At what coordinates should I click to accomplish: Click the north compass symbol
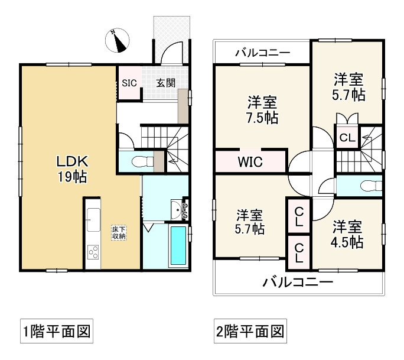117,40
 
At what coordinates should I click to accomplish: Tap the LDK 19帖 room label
73,169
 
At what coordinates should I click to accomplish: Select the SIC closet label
129,83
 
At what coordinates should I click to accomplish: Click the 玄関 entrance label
166,83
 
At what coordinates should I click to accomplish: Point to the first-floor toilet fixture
142,162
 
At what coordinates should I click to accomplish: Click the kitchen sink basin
93,220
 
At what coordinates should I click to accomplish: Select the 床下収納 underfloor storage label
119,232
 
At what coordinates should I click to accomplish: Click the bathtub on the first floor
178,245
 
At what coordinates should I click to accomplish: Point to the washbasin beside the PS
177,209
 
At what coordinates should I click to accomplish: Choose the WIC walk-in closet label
250,162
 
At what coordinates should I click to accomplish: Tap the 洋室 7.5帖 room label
262,110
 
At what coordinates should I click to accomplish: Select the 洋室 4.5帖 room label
347,234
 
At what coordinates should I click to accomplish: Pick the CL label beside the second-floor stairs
347,138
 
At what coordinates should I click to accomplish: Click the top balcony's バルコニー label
263,53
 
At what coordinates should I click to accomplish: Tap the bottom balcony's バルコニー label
298,282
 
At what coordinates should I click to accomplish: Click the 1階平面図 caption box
57,331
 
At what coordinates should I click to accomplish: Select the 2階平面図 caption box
250,331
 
